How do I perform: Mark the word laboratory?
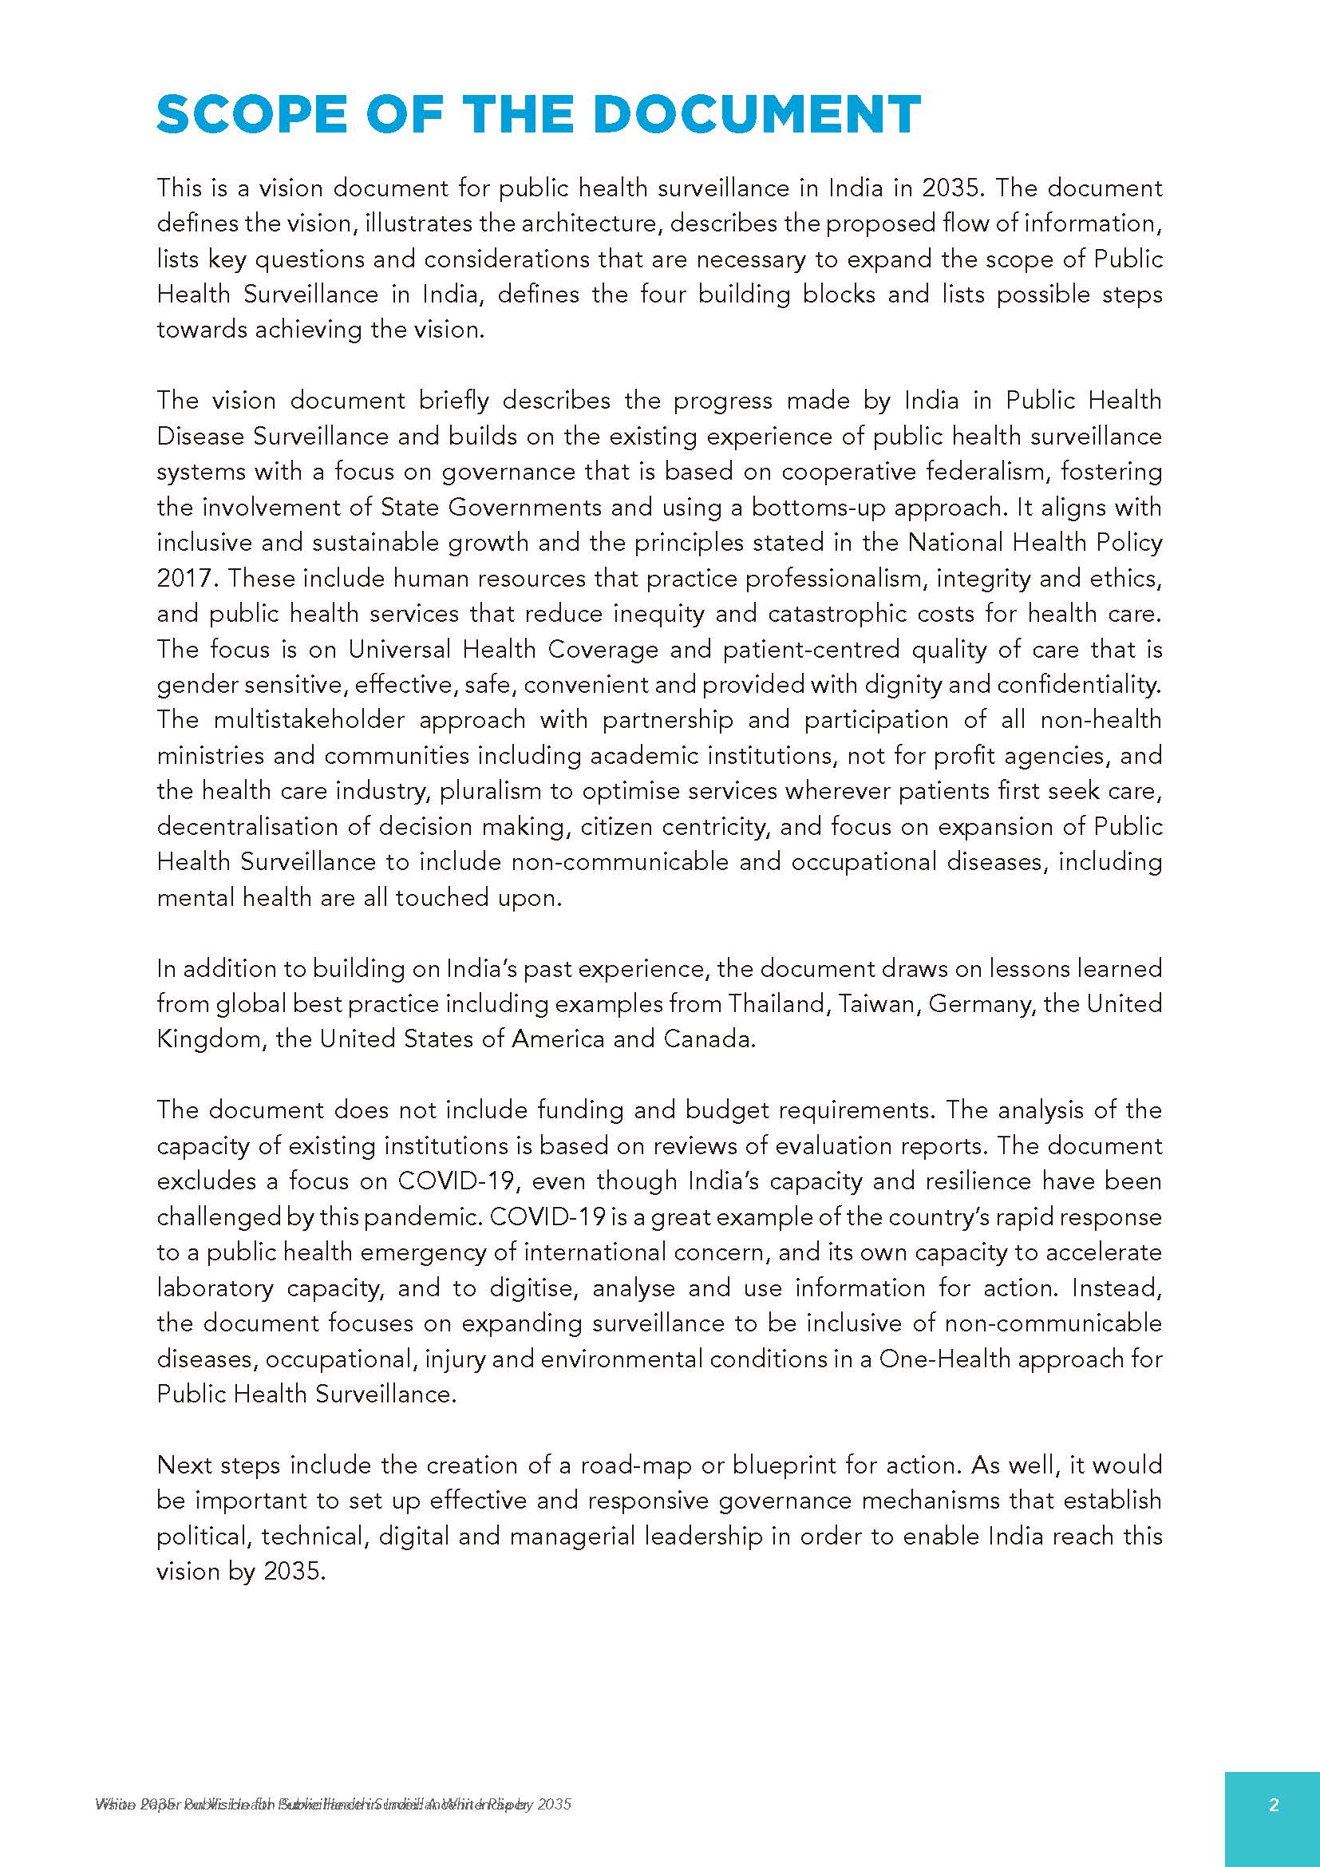click(215, 1288)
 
